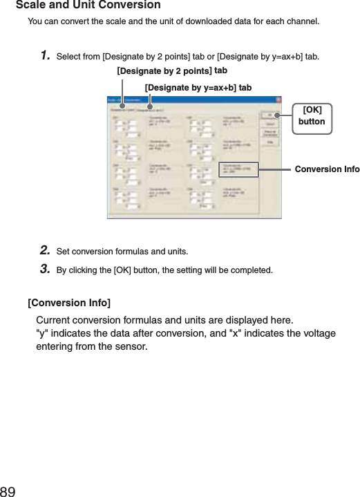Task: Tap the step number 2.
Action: click(x=44, y=250)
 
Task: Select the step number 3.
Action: click(x=44, y=268)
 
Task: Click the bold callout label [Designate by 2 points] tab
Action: click(x=172, y=71)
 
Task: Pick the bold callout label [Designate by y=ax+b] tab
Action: click(x=198, y=87)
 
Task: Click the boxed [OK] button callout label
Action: click(x=312, y=115)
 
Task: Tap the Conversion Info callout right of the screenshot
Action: click(x=327, y=169)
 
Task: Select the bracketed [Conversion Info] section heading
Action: click(x=69, y=303)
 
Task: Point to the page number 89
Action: click(x=8, y=491)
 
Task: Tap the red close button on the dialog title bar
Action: click(x=278, y=101)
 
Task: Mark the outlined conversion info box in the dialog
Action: click(x=239, y=170)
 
